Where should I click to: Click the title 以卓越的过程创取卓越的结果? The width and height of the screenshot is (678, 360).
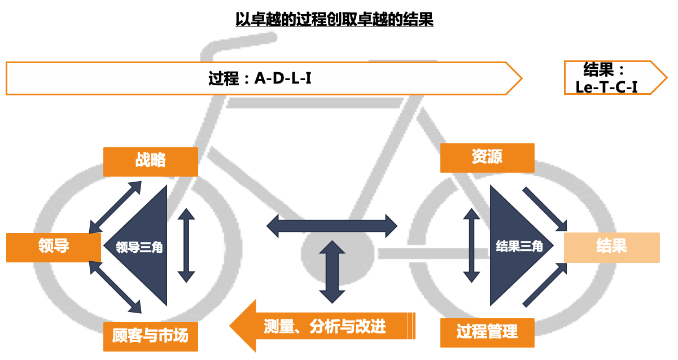click(334, 20)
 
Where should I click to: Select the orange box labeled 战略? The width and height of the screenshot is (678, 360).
click(151, 161)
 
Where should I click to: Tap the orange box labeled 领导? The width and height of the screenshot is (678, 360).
click(54, 247)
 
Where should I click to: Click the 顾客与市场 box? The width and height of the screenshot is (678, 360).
click(151, 336)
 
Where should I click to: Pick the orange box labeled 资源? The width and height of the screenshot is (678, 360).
click(487, 157)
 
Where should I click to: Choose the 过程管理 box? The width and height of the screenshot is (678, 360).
click(487, 332)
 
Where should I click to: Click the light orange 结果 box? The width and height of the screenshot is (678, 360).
click(611, 247)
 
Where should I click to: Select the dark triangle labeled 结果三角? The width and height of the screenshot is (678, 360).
click(514, 247)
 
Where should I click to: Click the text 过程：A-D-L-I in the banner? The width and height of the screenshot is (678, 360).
click(260, 78)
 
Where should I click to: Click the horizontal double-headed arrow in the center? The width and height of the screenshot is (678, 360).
click(332, 226)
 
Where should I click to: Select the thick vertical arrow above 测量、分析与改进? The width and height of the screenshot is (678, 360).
click(332, 271)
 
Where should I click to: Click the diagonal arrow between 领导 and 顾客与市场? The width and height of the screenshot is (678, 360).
click(116, 287)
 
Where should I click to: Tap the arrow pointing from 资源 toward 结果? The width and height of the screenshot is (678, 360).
click(545, 209)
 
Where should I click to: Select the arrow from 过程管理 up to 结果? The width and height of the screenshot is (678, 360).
click(545, 285)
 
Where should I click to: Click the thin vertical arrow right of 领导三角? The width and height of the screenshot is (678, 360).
click(186, 245)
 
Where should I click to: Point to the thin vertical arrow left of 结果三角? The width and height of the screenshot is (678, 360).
click(471, 245)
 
